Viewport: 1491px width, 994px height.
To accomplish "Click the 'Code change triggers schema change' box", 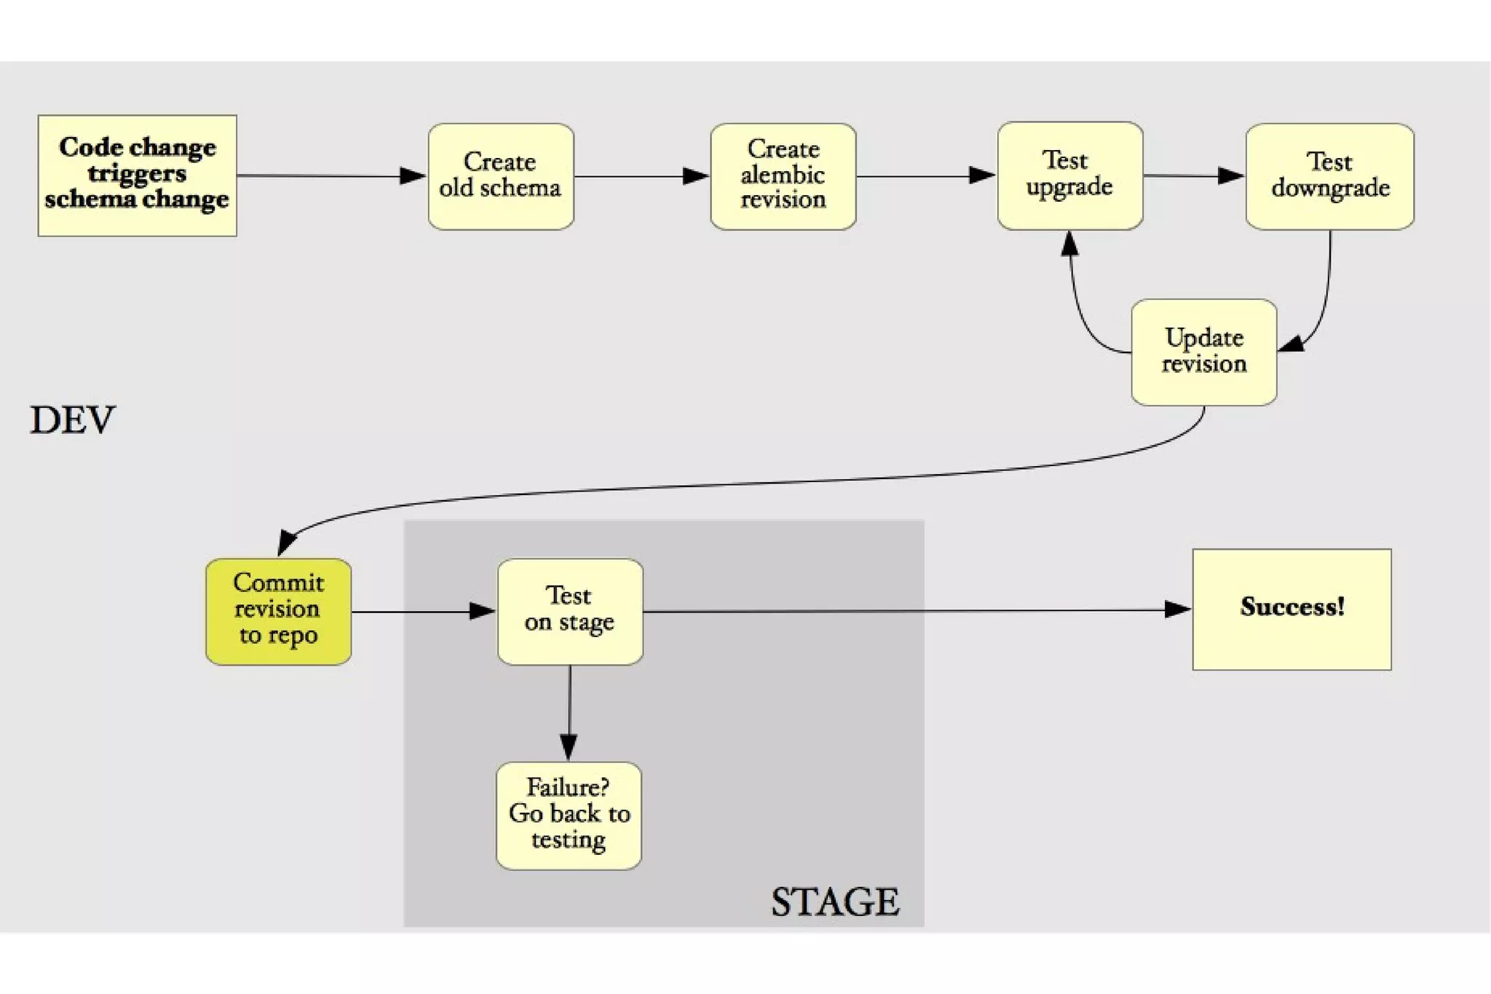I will [x=137, y=175].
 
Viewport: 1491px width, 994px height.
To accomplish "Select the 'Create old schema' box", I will [x=501, y=176].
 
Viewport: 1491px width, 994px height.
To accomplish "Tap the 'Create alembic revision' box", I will [x=783, y=176].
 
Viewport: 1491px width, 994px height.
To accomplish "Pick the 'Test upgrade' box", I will [x=1069, y=175].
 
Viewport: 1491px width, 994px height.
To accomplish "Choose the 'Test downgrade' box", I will [x=1329, y=176].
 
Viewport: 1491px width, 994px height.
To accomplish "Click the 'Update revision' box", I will [x=1203, y=352].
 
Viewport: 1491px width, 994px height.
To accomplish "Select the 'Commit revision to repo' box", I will [x=278, y=611].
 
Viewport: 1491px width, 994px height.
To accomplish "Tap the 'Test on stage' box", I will [x=569, y=611].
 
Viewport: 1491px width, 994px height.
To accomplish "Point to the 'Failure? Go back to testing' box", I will [x=569, y=815].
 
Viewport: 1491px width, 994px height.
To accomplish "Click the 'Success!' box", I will [x=1292, y=609].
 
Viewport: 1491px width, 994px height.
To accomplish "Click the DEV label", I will [x=72, y=420].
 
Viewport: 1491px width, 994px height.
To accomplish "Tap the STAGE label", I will [x=835, y=902].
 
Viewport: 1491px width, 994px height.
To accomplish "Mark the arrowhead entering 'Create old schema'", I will [x=413, y=175].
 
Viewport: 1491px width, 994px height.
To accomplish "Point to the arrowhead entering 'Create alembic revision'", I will [x=695, y=175].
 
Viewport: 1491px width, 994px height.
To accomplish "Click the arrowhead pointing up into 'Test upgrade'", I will [x=1069, y=243].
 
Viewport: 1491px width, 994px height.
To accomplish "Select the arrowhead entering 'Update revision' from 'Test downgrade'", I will [x=1292, y=344].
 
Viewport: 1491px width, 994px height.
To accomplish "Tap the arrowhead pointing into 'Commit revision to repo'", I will [x=286, y=542].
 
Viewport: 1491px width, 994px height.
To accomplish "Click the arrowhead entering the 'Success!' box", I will [x=1177, y=609].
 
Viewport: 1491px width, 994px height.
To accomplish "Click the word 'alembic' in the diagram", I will [x=783, y=175].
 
